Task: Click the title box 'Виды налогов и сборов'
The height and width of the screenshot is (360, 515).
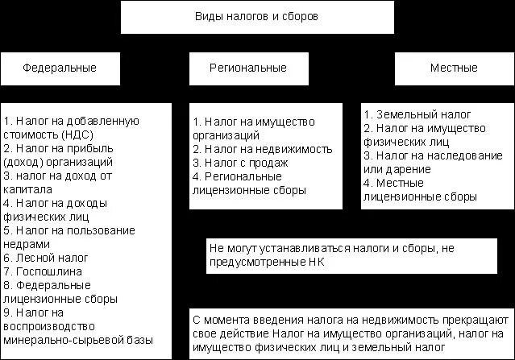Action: (x=257, y=17)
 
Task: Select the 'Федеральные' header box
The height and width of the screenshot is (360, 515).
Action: (x=60, y=68)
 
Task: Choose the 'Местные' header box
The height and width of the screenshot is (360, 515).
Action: (x=454, y=68)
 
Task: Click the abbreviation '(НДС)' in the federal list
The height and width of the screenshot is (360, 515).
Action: (x=74, y=134)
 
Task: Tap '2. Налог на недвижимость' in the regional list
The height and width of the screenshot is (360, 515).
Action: (x=252, y=149)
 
